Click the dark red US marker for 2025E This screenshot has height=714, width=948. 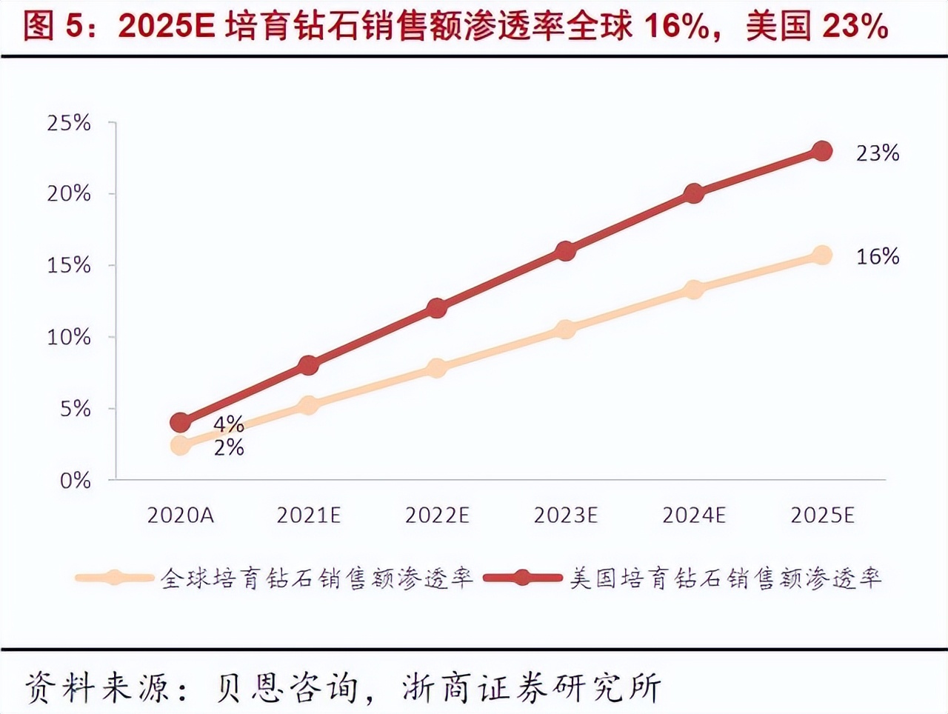tap(821, 151)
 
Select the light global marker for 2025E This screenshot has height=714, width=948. tap(821, 255)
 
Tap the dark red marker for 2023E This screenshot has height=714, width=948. tap(565, 250)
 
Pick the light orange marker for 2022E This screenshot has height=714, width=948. tap(437, 367)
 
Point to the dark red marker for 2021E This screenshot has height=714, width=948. tap(309, 364)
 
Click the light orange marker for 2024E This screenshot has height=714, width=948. tap(693, 289)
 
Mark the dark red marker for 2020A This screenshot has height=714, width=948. tap(180, 422)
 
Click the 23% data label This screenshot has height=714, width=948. tap(878, 153)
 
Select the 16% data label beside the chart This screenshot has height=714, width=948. tap(878, 257)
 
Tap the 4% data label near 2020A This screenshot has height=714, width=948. tap(229, 424)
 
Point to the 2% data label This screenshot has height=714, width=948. tap(229, 447)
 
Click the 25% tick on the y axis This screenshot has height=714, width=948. tap(69, 123)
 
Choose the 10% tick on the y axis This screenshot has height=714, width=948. tap(69, 338)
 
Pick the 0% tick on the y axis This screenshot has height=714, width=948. tap(75, 481)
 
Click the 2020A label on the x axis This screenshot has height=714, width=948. tap(180, 516)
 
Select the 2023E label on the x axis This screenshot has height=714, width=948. tap(565, 516)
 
